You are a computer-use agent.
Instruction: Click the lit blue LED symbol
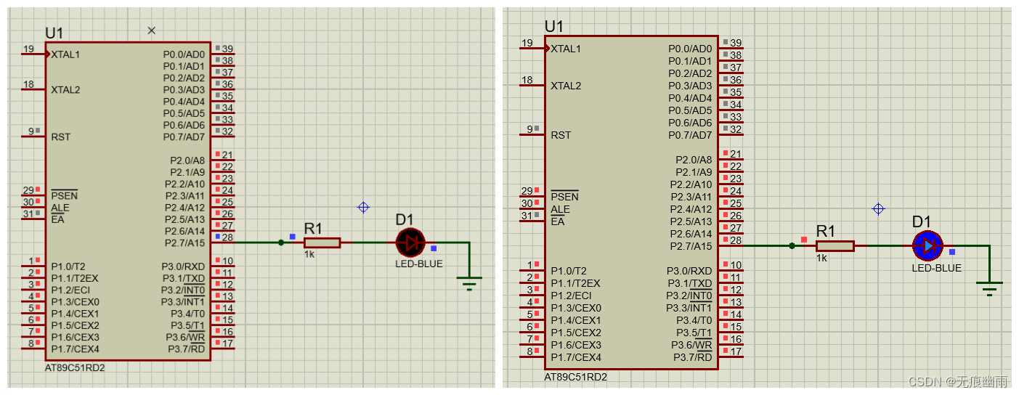coord(927,246)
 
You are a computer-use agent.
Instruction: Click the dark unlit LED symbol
coord(410,243)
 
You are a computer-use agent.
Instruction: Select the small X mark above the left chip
coord(151,30)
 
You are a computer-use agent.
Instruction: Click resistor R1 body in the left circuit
coord(322,243)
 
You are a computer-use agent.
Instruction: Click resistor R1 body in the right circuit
coord(835,246)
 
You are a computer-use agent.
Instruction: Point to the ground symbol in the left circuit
coord(469,282)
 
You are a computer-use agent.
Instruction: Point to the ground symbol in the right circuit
coord(988,287)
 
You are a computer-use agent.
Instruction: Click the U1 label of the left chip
coord(54,33)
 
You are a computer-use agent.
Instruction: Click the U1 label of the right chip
coord(553,27)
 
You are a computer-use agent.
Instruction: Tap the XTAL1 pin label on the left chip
coord(65,54)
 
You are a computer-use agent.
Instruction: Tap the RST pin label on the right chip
coord(561,135)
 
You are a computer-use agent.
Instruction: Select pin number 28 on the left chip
coord(227,237)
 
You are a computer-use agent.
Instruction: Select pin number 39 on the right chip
coord(736,44)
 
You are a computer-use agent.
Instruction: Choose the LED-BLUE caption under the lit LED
coord(936,268)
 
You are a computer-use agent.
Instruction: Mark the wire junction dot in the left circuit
coord(281,243)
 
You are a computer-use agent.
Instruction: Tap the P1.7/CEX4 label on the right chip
coord(576,357)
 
